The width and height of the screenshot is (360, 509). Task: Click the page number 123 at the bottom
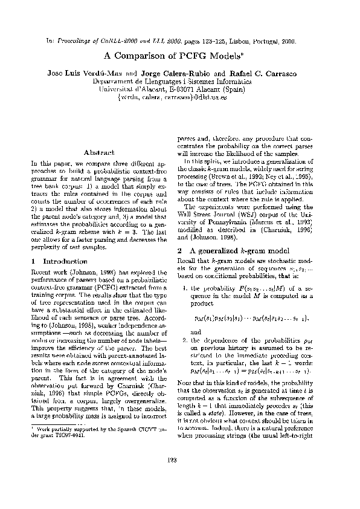pos(179,479)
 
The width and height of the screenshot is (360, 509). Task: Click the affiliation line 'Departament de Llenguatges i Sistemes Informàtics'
pos(179,81)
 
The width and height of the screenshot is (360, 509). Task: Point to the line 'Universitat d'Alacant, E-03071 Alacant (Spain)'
pos(179,88)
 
